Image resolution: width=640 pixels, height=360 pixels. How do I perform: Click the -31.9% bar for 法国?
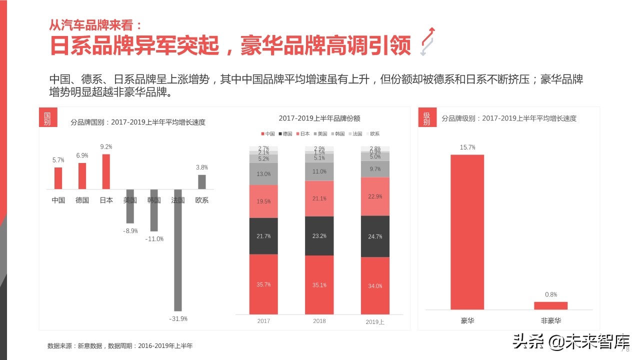(177, 250)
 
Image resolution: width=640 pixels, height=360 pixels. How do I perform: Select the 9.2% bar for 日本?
(106, 171)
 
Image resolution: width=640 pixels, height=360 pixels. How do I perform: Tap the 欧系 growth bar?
(202, 181)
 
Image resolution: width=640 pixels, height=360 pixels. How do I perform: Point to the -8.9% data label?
(130, 230)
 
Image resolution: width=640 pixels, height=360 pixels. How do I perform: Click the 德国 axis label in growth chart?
(82, 200)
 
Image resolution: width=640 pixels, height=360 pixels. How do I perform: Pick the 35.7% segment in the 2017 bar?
(263, 284)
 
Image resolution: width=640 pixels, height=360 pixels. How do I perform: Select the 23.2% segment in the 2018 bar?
(319, 235)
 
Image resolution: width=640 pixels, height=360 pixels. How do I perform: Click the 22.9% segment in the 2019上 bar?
(375, 196)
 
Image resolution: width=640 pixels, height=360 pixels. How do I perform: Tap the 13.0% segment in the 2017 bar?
(263, 174)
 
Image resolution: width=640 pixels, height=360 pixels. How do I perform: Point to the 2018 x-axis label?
(319, 321)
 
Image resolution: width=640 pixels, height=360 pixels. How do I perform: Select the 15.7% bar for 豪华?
(467, 232)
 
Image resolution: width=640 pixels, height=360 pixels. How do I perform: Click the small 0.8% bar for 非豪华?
(550, 305)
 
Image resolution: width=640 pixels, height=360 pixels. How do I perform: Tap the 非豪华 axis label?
(550, 320)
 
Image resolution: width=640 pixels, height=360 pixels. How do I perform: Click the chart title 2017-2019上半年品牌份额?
(319, 118)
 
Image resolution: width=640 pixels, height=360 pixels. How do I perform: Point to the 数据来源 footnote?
(120, 345)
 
